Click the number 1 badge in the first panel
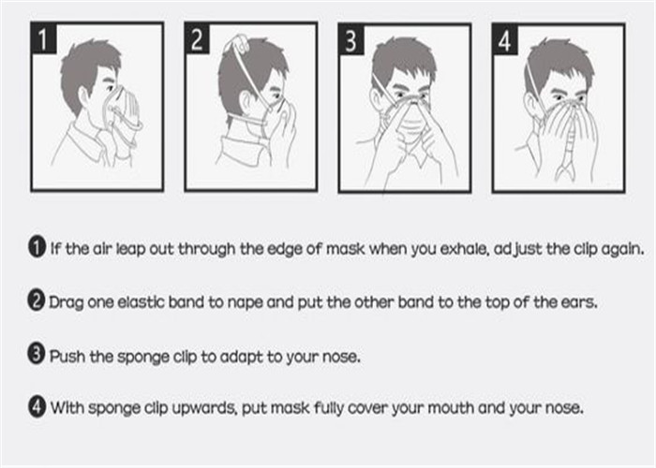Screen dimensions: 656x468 point(44,38)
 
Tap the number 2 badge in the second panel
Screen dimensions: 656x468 point(198,38)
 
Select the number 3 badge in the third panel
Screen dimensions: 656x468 point(351,39)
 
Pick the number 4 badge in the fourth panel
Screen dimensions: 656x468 point(505,39)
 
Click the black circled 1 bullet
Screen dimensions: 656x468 point(37,247)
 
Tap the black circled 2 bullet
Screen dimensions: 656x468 point(37,300)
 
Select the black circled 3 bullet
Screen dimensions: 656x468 point(37,354)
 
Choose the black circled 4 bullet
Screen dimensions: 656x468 point(37,406)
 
